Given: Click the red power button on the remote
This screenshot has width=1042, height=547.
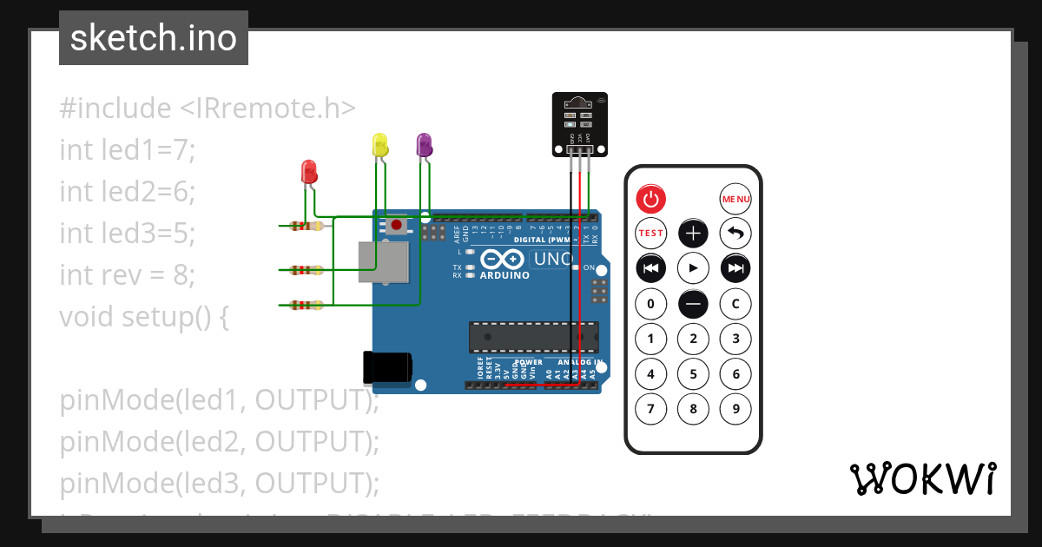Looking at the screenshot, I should pos(651,199).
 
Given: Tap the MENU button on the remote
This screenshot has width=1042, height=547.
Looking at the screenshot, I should pos(735,199).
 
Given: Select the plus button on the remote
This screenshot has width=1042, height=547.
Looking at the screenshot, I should pos(693,234).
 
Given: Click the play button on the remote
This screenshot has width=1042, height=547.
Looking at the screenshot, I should pos(693,268).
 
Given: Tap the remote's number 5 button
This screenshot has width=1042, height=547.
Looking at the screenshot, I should pos(693,374).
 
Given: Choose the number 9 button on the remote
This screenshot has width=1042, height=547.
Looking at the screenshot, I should pos(735,408).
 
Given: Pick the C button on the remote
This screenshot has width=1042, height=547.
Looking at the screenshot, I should pos(735,304).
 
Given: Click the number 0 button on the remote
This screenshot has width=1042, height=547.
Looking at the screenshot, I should pos(651,304).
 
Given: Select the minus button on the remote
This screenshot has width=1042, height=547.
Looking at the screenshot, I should pos(693,304).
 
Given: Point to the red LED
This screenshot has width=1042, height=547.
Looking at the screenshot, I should pos(308,171).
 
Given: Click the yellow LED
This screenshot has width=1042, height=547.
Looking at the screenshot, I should pos(379,145).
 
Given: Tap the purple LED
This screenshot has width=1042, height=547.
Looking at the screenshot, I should pos(424,145).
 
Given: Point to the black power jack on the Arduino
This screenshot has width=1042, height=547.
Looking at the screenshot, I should pos(387,368).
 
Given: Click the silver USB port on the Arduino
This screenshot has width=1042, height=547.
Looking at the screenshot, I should pos(383,262).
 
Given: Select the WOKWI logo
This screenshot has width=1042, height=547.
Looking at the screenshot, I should pos(922,478).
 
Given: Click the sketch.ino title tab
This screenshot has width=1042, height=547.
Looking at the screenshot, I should pos(154,38).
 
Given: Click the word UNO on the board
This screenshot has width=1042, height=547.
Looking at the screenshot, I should pos(552,259).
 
